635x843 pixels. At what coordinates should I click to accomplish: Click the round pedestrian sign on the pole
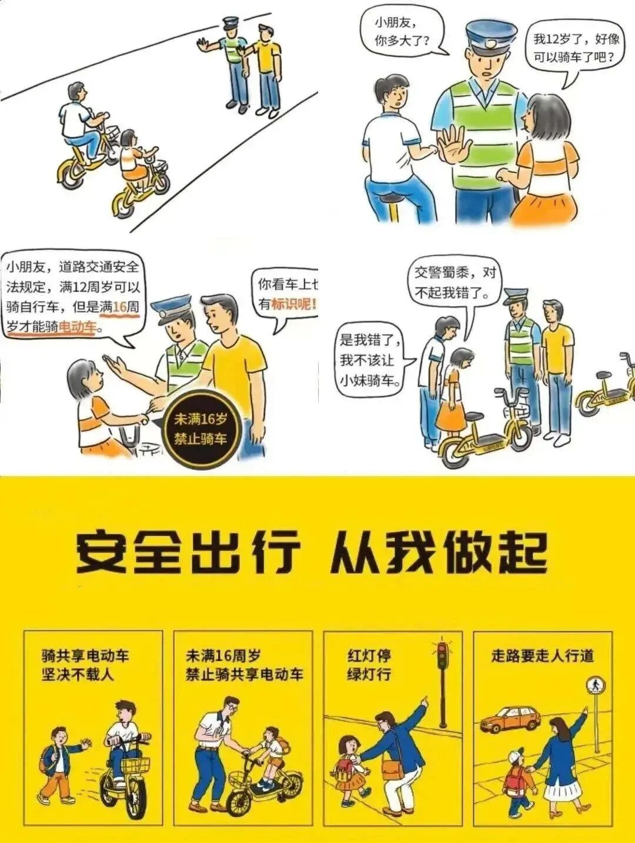coord(596,685)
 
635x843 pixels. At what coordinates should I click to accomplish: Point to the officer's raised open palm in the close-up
coord(454,146)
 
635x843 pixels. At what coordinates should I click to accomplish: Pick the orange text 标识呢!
coord(293,304)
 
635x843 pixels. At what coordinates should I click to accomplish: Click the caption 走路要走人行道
coord(542,655)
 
